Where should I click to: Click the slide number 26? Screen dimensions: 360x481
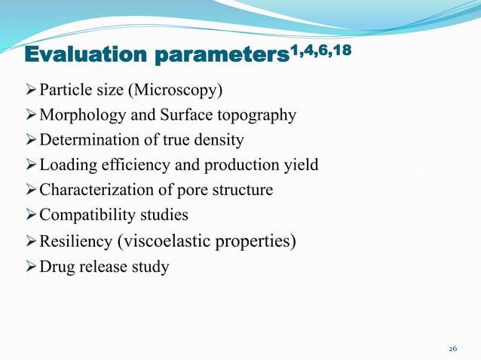tap(453, 349)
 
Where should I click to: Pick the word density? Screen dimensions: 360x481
tap(219, 141)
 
